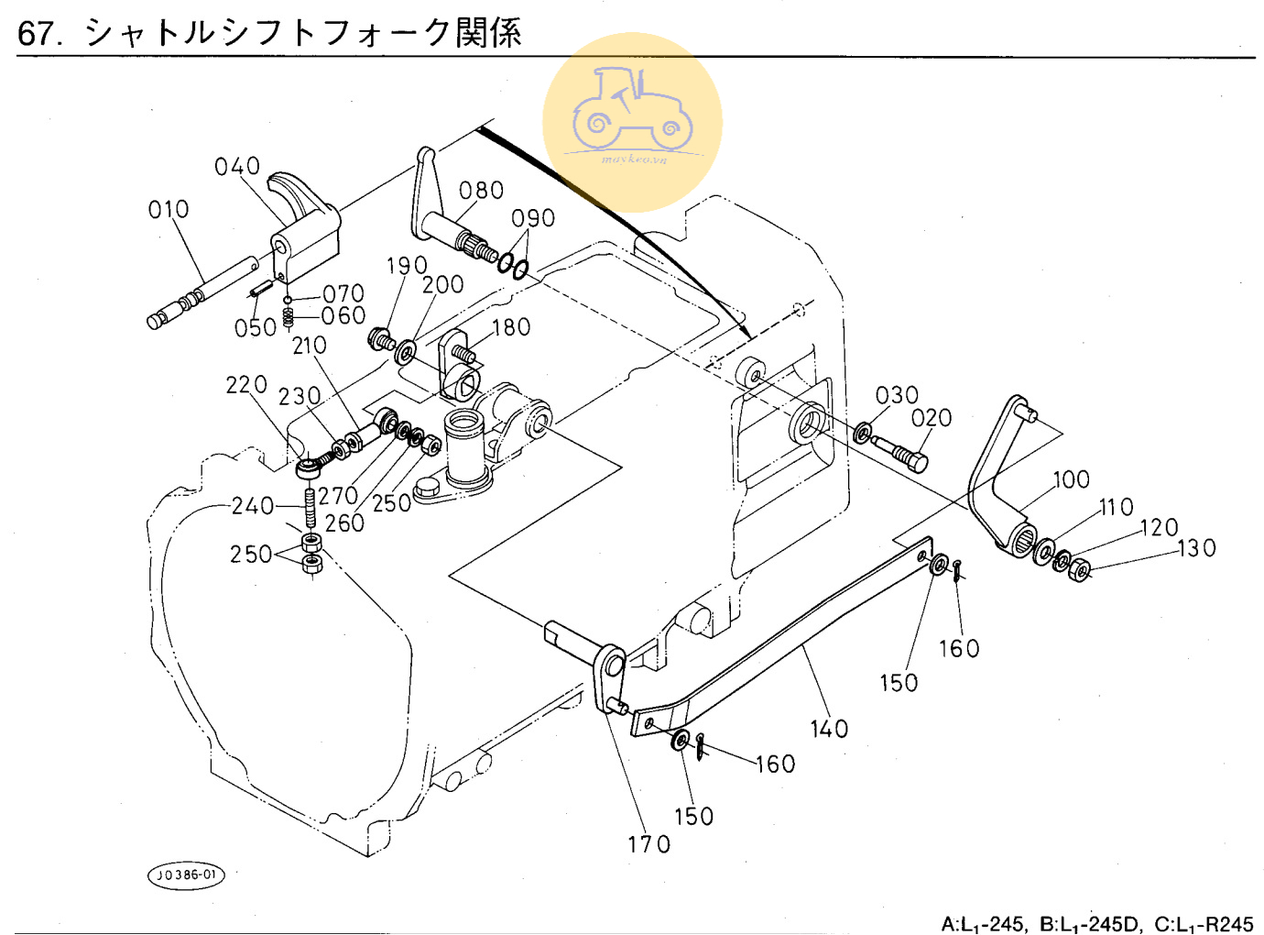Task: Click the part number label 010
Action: coord(169,210)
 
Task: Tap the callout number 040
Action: coord(237,167)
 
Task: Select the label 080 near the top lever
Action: coord(481,191)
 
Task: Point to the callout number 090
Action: coord(533,218)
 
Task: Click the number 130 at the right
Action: coord(1196,548)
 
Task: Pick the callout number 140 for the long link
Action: coord(829,730)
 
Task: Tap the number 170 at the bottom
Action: coord(648,845)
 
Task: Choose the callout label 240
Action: coord(252,506)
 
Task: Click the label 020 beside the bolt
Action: coord(932,418)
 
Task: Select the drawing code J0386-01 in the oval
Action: coord(186,875)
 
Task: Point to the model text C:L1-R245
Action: coord(1204,924)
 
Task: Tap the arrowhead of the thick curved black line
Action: coord(746,332)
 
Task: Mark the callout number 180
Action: coord(511,327)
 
